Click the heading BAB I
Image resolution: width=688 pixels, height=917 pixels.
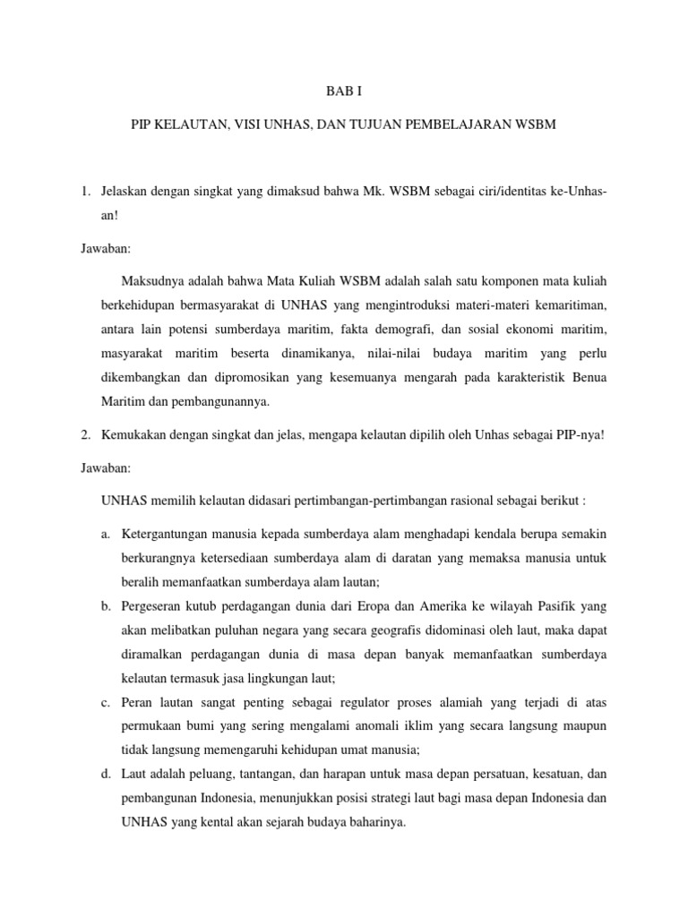coord(344,90)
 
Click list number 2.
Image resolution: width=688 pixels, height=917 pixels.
coord(86,434)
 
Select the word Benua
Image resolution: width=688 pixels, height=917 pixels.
coord(589,376)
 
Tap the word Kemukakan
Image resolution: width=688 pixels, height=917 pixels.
coord(137,434)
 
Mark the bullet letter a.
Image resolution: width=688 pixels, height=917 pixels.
coord(105,534)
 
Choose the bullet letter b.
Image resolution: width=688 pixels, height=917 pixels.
coord(105,605)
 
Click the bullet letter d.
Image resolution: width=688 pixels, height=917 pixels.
coord(105,773)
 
